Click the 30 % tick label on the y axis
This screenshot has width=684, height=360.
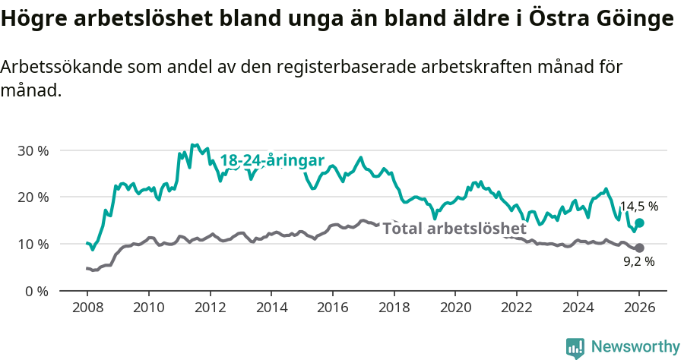coord(32,150)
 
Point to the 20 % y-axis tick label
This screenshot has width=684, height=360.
coord(32,197)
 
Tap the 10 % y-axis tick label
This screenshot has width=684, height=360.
coord(32,245)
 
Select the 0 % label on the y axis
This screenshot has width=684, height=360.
coord(36,291)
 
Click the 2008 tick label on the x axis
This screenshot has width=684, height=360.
coord(87,308)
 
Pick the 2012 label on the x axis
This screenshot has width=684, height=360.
coord(210,308)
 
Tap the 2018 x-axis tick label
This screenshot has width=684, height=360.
coord(394,308)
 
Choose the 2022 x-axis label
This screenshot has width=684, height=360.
coord(517,308)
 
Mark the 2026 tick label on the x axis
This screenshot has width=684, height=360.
coord(639,308)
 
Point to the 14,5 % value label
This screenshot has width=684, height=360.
coord(639,206)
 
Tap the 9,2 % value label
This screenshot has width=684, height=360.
coord(639,261)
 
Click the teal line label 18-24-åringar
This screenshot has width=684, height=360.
coord(272,160)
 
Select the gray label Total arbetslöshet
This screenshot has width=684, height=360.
coord(454,229)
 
